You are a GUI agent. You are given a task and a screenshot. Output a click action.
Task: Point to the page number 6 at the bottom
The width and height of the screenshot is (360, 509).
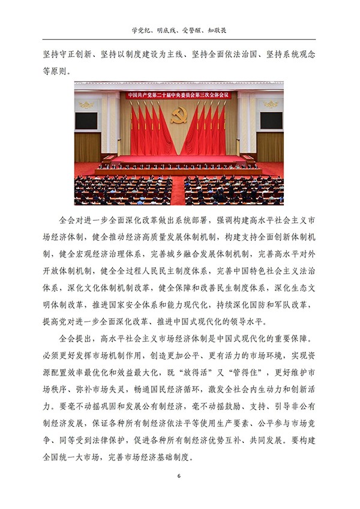click(x=179, y=476)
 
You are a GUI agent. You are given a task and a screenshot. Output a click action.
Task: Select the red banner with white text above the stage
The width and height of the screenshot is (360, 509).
click(x=179, y=95)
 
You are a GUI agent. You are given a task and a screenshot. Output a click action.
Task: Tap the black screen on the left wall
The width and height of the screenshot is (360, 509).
click(x=86, y=120)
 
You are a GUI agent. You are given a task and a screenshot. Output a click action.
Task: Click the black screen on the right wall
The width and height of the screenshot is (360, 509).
click(x=271, y=120)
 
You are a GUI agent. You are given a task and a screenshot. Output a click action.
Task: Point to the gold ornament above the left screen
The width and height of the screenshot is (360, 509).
click(x=86, y=104)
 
